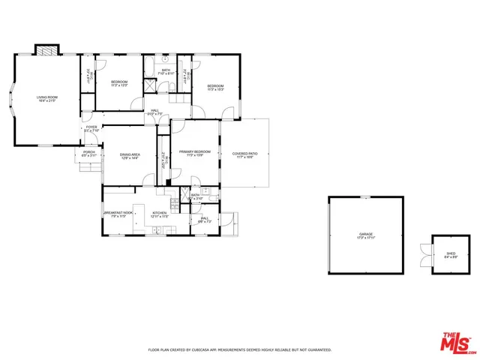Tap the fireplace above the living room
[46, 52]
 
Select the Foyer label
[91, 128]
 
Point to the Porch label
[89, 154]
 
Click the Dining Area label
[130, 156]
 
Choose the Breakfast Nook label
[118, 214]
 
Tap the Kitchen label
[159, 214]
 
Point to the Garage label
[366, 235]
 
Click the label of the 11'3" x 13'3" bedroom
[120, 83]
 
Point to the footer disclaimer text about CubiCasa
[239, 350]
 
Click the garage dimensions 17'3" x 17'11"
[366, 238]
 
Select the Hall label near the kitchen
[205, 220]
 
